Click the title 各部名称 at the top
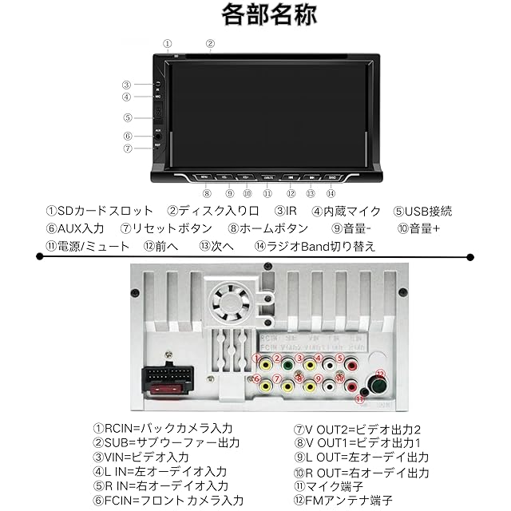(x=255, y=15)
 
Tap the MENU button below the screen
(x=205, y=176)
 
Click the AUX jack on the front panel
(x=158, y=136)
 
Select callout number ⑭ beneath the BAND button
(x=331, y=192)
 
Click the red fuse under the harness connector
(x=167, y=391)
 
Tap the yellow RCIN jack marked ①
(x=263, y=361)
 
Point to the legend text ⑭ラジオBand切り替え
(x=315, y=246)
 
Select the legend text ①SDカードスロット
(x=99, y=212)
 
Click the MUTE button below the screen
(x=267, y=176)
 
